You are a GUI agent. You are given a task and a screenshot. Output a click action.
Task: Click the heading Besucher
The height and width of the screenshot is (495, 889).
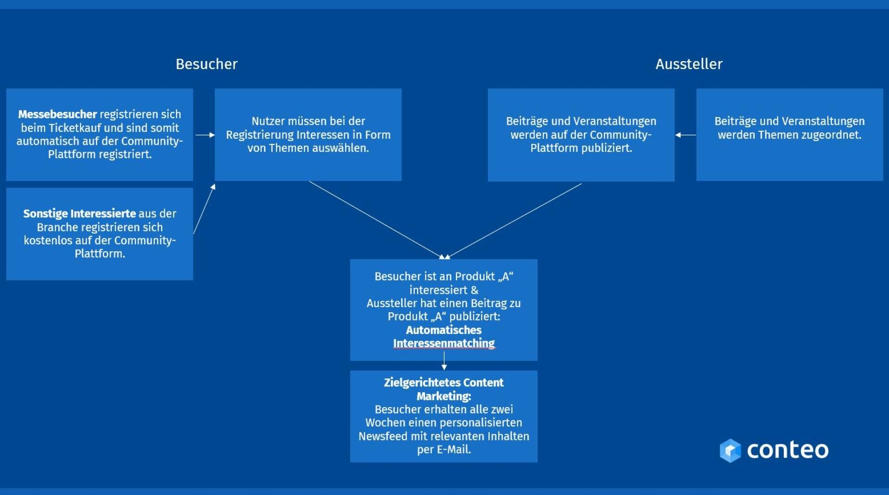[207, 64]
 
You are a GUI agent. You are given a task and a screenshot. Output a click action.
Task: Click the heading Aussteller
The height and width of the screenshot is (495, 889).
[689, 64]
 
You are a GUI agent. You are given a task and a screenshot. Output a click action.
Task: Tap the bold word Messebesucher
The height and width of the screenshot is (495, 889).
[57, 114]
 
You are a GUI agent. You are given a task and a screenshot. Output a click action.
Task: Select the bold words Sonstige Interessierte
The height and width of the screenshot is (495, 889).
[80, 214]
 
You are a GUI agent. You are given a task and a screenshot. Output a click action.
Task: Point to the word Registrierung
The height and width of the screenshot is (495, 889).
[257, 135]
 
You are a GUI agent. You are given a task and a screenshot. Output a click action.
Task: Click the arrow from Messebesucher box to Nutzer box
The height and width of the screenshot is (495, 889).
[205, 135]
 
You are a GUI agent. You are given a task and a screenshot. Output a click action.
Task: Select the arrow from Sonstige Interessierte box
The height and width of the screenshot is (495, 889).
[204, 209]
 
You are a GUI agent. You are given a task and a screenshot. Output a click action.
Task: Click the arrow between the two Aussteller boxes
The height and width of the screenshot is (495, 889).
[685, 135]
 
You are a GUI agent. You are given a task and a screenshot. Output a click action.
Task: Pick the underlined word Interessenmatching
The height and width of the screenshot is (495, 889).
[444, 343]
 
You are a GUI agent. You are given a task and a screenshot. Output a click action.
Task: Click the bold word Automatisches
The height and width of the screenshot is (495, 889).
[444, 330]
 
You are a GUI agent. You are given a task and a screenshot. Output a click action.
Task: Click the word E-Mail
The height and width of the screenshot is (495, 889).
[454, 449]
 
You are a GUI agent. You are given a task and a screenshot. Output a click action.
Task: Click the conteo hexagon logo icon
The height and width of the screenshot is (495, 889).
[730, 450]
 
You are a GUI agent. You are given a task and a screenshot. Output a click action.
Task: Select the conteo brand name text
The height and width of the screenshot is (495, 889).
[788, 450]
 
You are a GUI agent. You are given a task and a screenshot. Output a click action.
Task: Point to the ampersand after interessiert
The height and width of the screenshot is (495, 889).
[475, 290]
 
